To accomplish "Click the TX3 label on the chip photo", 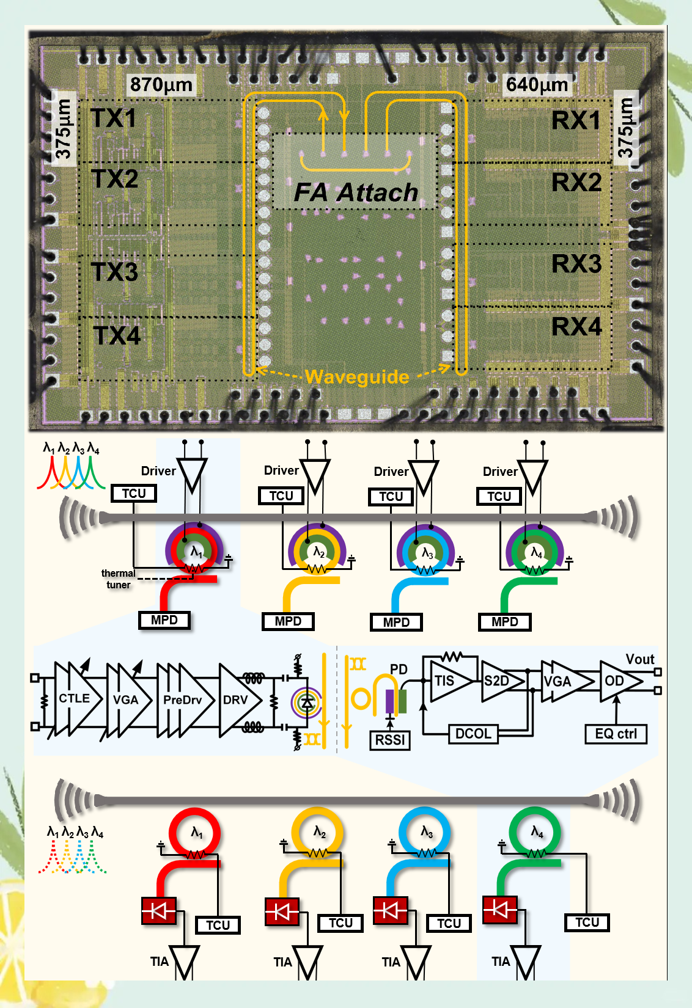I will tap(114, 272).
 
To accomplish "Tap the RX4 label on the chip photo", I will tap(576, 326).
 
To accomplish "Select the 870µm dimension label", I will tap(161, 84).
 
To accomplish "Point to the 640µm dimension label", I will tap(537, 84).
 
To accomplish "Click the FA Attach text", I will tap(356, 192).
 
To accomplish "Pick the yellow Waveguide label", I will tap(357, 376).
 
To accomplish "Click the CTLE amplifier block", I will tap(75, 698).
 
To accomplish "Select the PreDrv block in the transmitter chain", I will tap(182, 699).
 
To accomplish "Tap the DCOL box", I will tap(473, 734).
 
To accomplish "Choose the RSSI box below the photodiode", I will tap(390, 740).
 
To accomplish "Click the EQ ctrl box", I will tap(616, 734).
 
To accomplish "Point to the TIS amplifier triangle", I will tap(446, 681).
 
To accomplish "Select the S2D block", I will tap(498, 681).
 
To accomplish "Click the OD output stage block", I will tap(616, 681).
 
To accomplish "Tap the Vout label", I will tap(639, 659).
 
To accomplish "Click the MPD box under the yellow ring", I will tap(288, 621).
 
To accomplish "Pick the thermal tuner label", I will tap(118, 579).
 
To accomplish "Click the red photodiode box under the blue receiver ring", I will tap(390, 910).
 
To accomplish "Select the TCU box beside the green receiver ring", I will tap(587, 922).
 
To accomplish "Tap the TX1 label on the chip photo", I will tap(113, 118).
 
